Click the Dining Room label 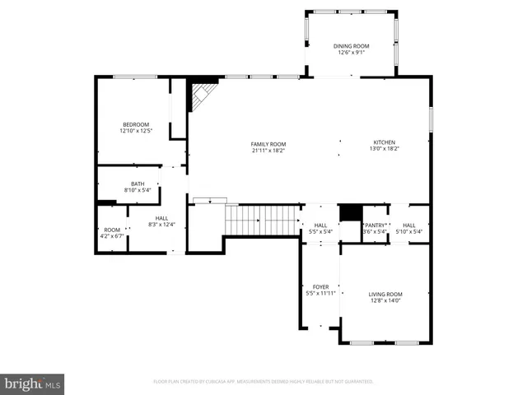pyautogui.click(x=350, y=46)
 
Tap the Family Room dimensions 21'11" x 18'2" pyautogui.click(x=269, y=150)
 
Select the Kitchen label pyautogui.click(x=385, y=142)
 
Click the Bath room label pyautogui.click(x=138, y=184)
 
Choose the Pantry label pyautogui.click(x=375, y=225)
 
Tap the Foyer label pyautogui.click(x=320, y=286)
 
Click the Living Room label pyautogui.click(x=385, y=294)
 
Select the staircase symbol pyautogui.click(x=260, y=220)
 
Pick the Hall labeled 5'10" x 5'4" pyautogui.click(x=408, y=225)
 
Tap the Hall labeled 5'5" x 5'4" pyautogui.click(x=320, y=225)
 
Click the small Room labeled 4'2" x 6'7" pyautogui.click(x=112, y=230)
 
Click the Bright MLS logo pyautogui.click(x=33, y=383)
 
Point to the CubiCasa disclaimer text pyautogui.click(x=263, y=382)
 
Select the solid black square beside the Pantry pyautogui.click(x=351, y=211)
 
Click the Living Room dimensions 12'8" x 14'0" pyautogui.click(x=385, y=300)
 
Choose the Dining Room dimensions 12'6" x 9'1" pyautogui.click(x=350, y=53)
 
